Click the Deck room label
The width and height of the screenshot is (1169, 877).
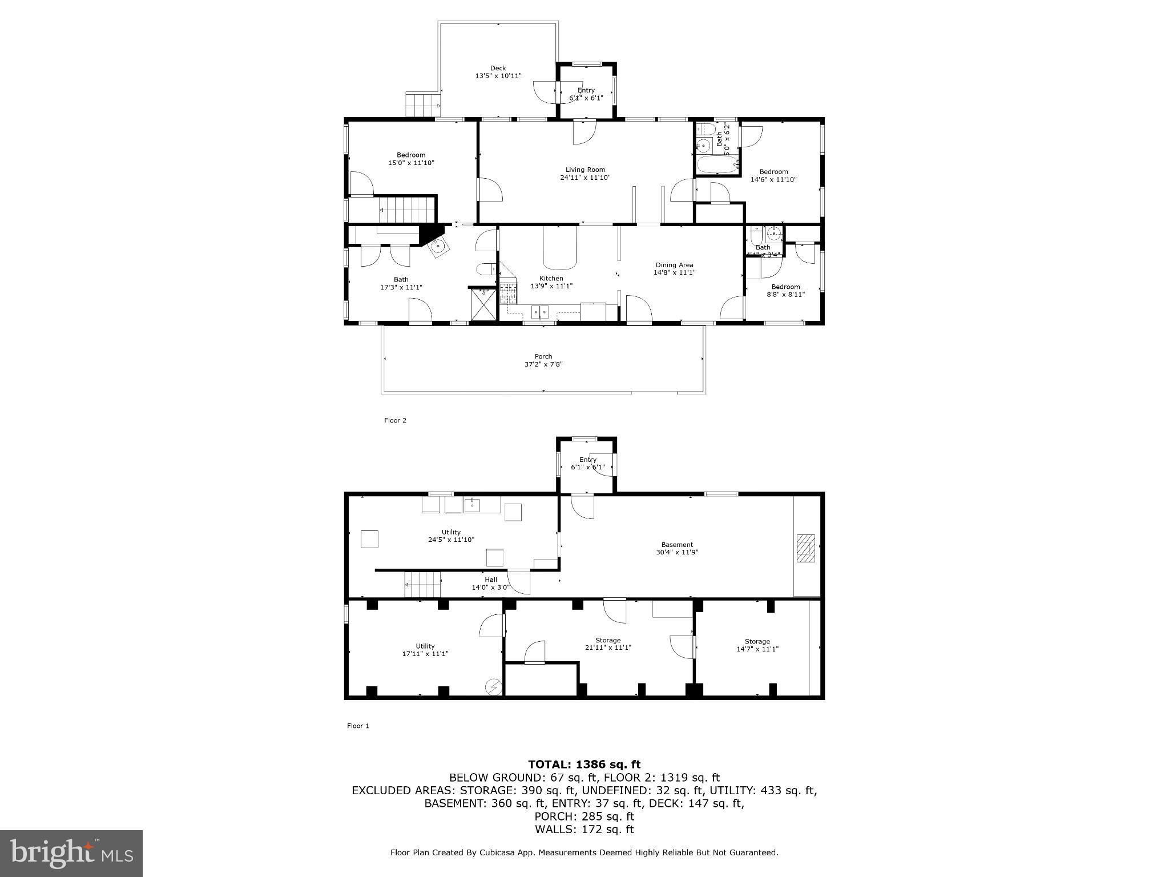pyautogui.click(x=498, y=69)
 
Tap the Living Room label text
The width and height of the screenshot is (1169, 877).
pyautogui.click(x=585, y=170)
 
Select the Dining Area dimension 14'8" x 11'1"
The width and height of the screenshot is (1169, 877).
pyautogui.click(x=674, y=272)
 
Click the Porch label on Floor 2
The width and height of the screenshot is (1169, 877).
pyautogui.click(x=543, y=356)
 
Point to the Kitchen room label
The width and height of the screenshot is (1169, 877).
pyautogui.click(x=551, y=279)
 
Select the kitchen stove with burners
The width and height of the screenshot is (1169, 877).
pyautogui.click(x=508, y=292)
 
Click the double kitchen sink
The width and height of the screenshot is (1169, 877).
pyautogui.click(x=539, y=311)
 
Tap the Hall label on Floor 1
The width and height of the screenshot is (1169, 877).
pyautogui.click(x=491, y=580)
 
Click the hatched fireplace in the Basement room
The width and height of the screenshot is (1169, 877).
pyautogui.click(x=806, y=549)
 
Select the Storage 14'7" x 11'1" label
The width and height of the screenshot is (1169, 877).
pyautogui.click(x=757, y=645)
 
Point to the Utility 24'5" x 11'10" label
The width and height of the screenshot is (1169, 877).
pyautogui.click(x=451, y=536)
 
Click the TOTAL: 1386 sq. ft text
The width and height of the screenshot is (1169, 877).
pyautogui.click(x=584, y=764)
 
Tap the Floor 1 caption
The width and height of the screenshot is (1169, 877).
pyautogui.click(x=358, y=726)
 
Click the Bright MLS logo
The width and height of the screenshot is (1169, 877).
pyautogui.click(x=71, y=853)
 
